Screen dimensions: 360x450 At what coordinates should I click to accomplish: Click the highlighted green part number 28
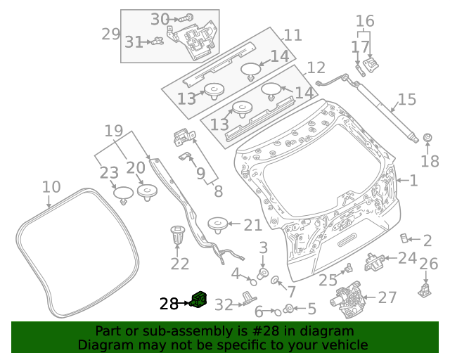(200, 300)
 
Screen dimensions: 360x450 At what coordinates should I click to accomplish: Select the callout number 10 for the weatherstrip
(51, 187)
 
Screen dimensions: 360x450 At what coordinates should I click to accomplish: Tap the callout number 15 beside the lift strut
(407, 100)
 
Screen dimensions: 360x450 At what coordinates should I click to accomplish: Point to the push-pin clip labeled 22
(177, 236)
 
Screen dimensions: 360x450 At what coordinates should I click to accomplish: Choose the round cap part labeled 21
(218, 225)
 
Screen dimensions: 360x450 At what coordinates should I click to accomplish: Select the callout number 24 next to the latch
(407, 258)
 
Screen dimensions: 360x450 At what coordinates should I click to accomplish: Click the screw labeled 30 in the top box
(188, 17)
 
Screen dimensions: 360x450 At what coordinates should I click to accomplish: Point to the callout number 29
(111, 33)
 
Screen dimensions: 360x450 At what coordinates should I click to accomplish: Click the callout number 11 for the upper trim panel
(292, 34)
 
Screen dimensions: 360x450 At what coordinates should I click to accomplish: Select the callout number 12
(316, 67)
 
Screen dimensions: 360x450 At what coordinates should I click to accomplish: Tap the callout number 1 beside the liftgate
(413, 181)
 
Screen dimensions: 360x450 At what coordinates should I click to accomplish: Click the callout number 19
(114, 130)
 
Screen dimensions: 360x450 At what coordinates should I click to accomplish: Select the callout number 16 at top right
(365, 20)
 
